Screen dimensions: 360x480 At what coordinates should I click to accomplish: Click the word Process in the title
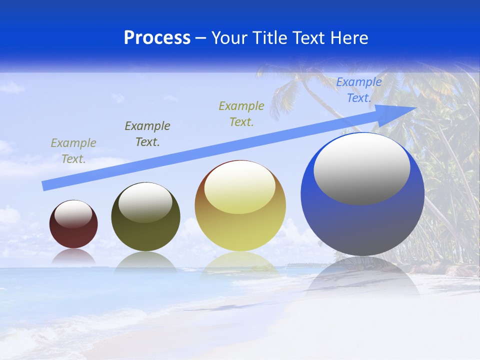[x=157, y=38]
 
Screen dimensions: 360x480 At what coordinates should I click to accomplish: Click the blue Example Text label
[x=359, y=90]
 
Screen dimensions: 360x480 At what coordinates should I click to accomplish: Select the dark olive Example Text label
[x=147, y=134]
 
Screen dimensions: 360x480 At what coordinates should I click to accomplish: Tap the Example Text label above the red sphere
[x=73, y=151]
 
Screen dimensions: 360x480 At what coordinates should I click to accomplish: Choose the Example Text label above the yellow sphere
[x=241, y=113]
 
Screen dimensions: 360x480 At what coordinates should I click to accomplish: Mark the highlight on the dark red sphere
[x=73, y=214]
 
